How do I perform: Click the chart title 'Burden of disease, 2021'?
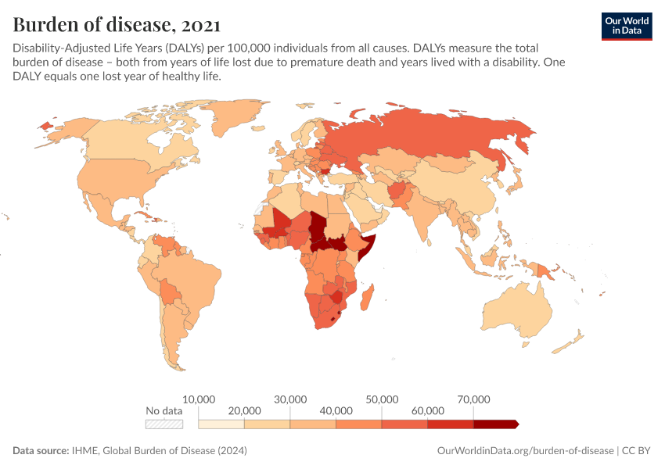(117, 23)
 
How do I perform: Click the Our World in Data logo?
(626, 26)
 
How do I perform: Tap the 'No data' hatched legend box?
(164, 424)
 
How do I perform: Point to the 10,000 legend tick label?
(199, 399)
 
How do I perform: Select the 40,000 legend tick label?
(336, 410)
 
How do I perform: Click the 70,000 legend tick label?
(473, 399)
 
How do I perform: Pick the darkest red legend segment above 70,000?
(495, 424)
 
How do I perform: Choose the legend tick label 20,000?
(244, 410)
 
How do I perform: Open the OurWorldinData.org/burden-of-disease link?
(524, 451)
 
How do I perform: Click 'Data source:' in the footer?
(40, 451)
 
